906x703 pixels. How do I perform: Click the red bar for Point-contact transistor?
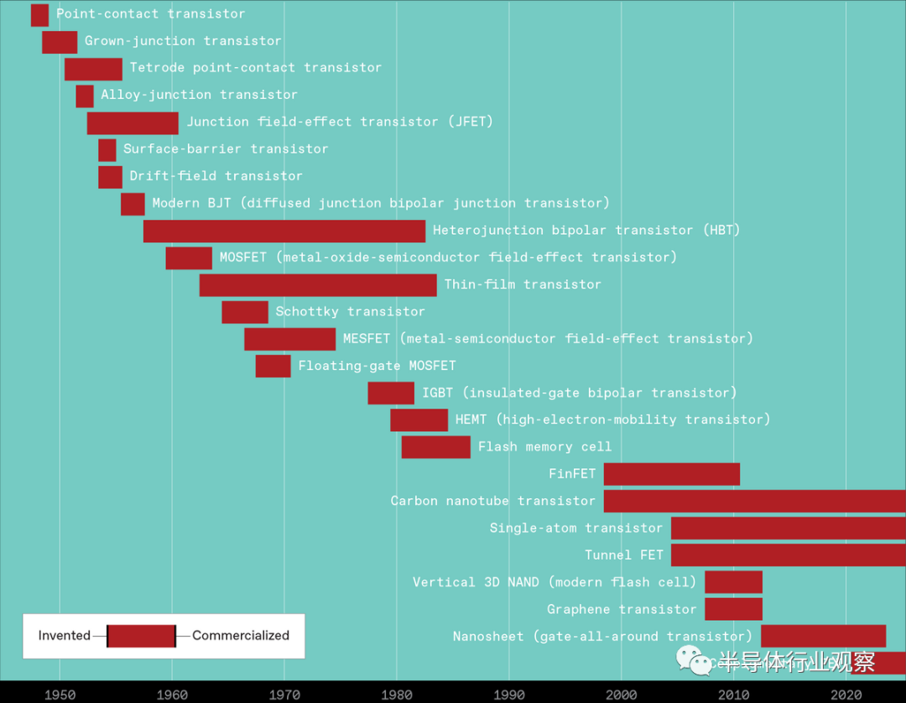point(39,15)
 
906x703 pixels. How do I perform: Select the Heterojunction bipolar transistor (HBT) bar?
point(284,231)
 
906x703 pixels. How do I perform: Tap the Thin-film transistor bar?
point(318,285)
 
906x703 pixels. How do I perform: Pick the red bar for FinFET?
point(671,474)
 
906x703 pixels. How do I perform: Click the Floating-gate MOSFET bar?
point(273,366)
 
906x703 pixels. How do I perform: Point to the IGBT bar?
point(390,393)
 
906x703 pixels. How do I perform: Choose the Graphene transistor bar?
point(733,609)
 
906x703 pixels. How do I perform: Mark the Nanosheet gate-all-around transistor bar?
point(823,636)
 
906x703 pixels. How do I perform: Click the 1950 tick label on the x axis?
point(60,694)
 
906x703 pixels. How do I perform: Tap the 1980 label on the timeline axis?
point(397,694)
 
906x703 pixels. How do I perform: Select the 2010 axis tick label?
point(734,694)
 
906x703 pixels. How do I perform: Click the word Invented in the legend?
point(65,636)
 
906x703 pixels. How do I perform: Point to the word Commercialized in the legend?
point(241,636)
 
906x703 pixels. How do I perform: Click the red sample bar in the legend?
point(142,636)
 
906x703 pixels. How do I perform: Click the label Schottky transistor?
point(350,312)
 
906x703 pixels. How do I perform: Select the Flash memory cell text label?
point(544,447)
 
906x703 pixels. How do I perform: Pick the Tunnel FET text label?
point(623,555)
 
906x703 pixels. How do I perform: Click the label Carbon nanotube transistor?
point(492,501)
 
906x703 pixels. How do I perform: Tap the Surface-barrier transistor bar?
point(107,150)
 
